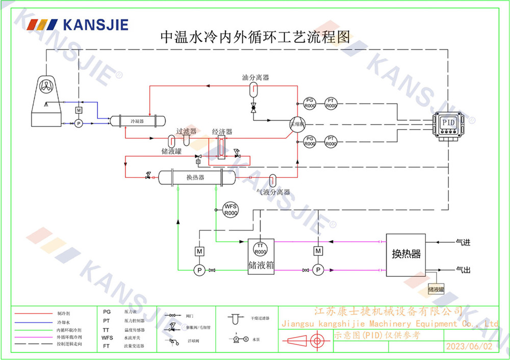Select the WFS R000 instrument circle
232,209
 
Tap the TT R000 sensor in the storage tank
261,248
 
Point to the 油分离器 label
255,78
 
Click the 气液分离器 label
273,192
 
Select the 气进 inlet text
463,243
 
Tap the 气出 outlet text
463,269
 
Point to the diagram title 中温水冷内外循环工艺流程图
255,37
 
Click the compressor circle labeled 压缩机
296,124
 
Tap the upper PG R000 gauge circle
310,103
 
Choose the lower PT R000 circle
331,141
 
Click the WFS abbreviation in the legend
107,338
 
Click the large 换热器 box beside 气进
406,254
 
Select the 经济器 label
222,131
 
